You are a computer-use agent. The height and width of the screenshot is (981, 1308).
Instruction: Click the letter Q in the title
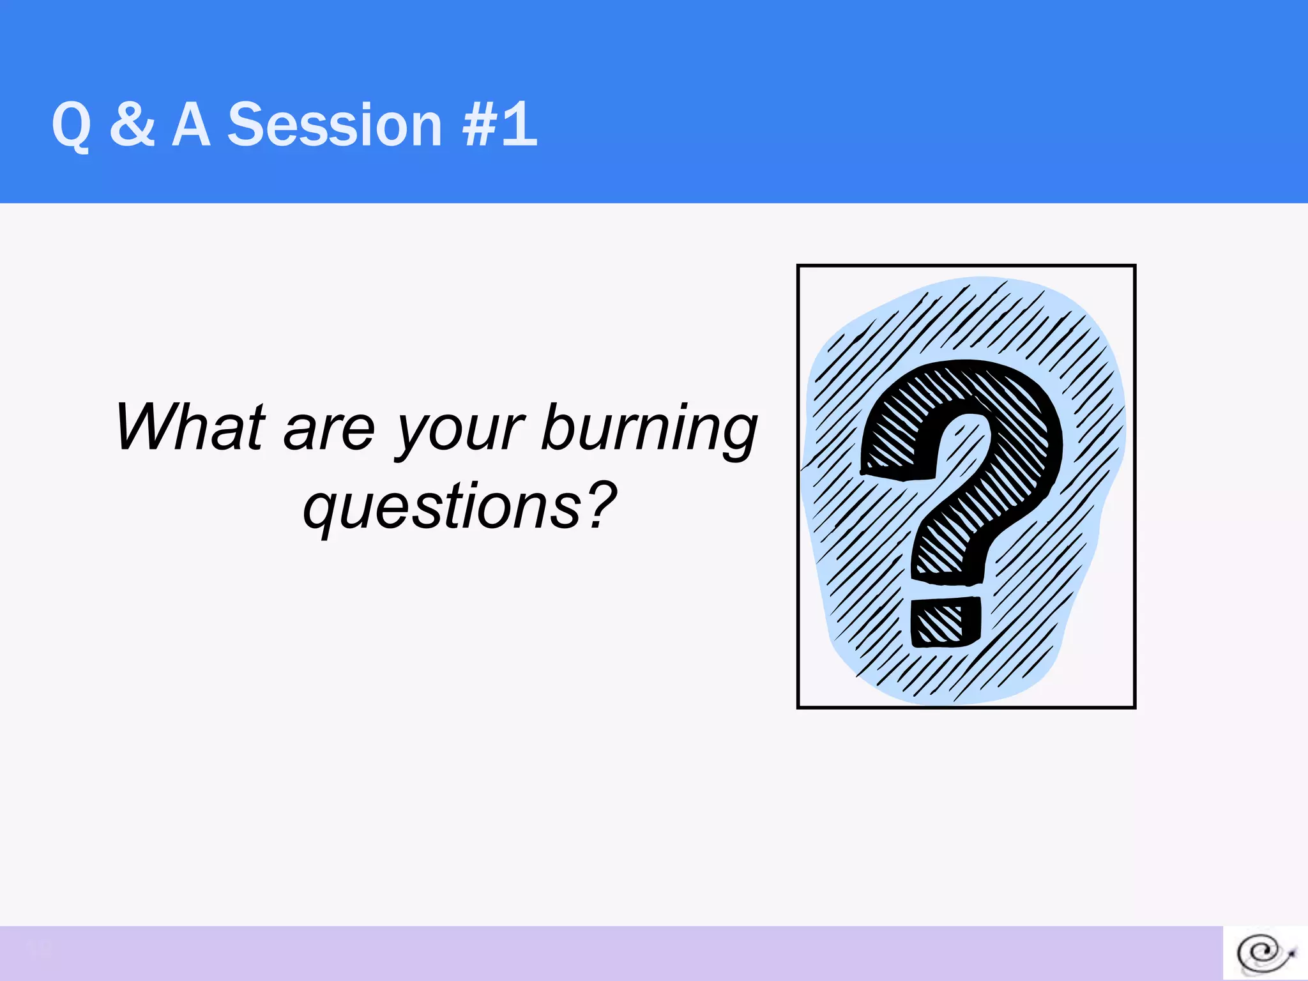click(72, 126)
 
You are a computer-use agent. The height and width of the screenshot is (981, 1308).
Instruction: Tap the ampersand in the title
click(132, 125)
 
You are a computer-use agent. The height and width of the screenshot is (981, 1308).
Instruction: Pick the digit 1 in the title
click(521, 125)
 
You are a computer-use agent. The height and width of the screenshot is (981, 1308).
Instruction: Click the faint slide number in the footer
click(40, 950)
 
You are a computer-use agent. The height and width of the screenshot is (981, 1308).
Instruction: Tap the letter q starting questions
click(320, 511)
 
